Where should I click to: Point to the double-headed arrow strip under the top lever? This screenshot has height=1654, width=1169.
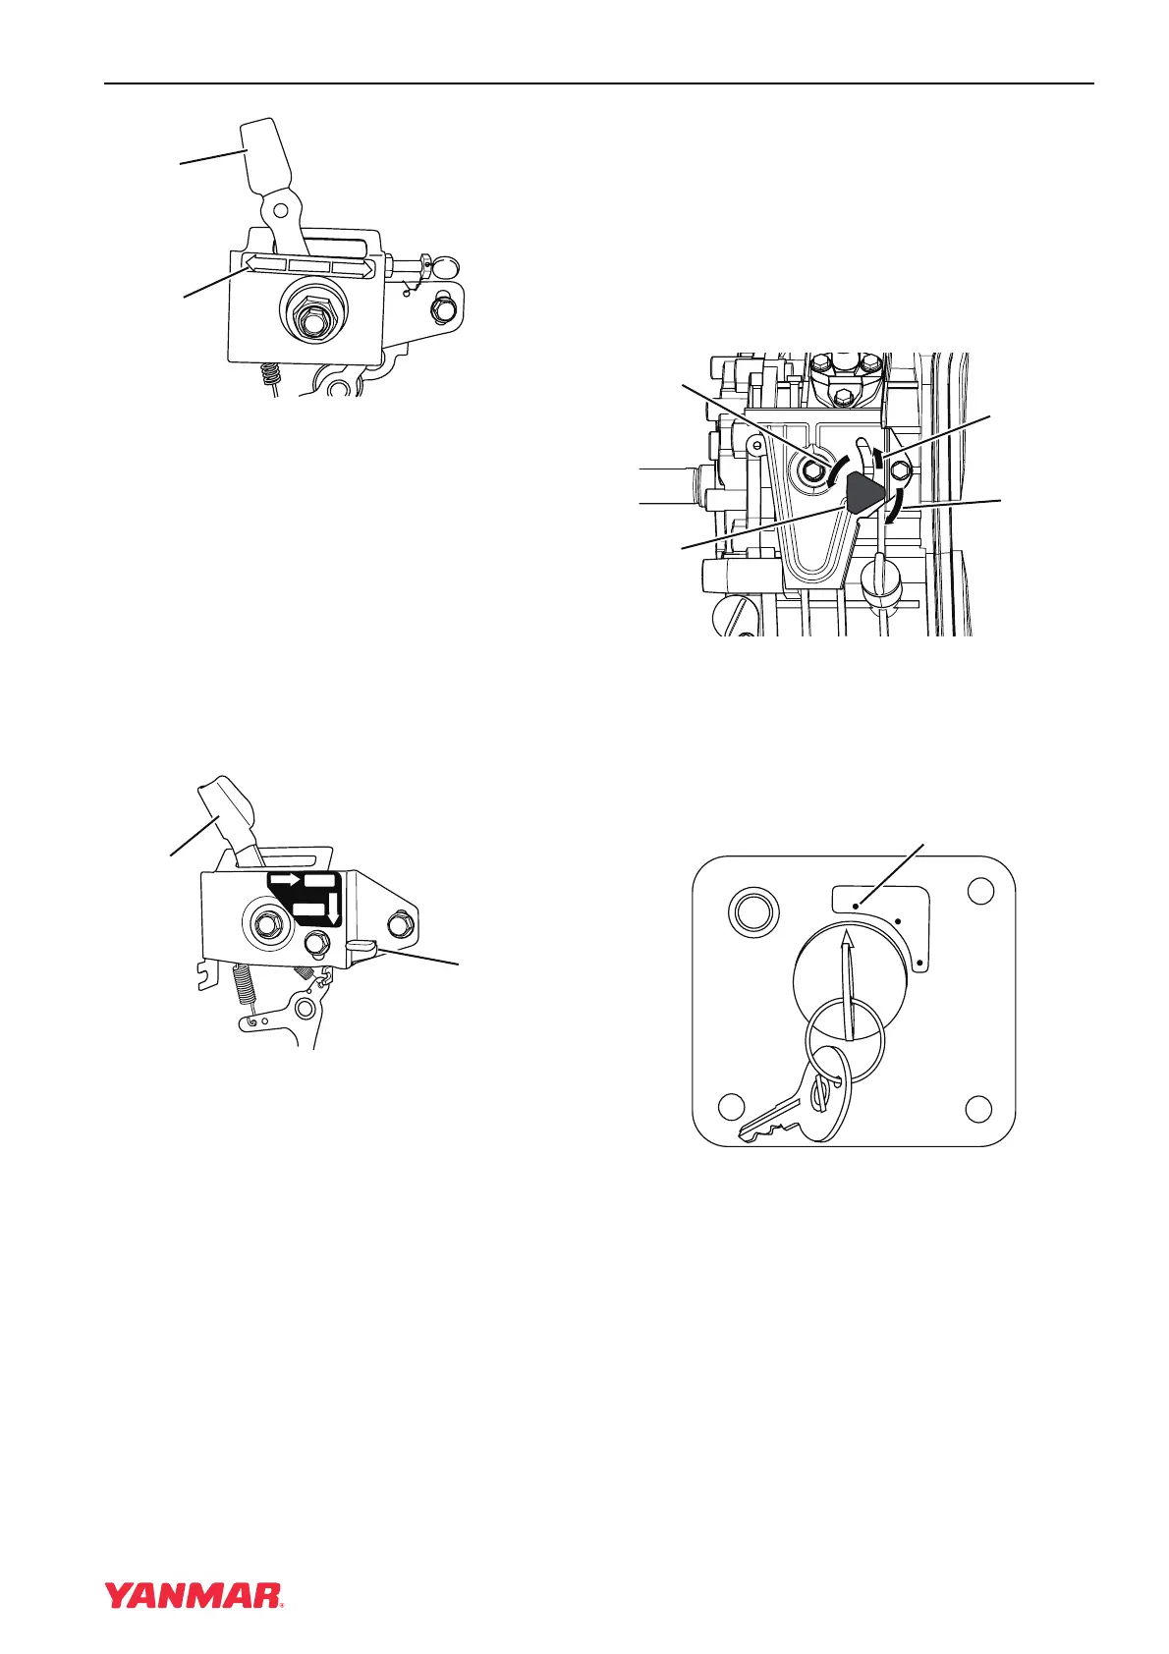tap(310, 265)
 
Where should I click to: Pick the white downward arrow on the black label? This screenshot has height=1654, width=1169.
tap(334, 908)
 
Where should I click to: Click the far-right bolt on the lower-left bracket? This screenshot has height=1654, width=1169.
tap(398, 924)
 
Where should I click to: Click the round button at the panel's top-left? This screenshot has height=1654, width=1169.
tap(753, 910)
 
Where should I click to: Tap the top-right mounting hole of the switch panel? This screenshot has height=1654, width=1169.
tap(980, 891)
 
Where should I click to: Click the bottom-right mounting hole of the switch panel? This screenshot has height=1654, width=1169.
tap(978, 1109)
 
